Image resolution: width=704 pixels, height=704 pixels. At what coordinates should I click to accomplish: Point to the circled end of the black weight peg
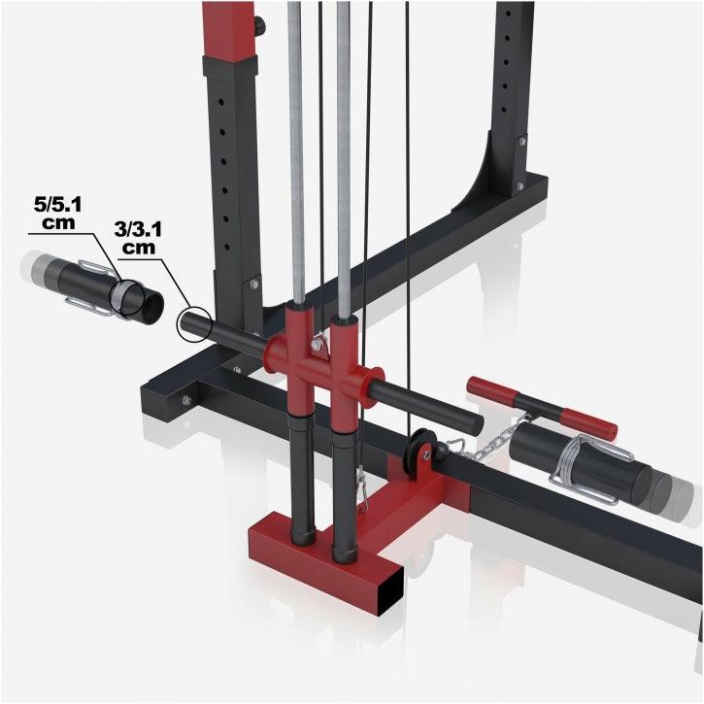tap(192, 323)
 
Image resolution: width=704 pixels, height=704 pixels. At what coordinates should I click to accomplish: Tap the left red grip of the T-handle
tap(491, 389)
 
